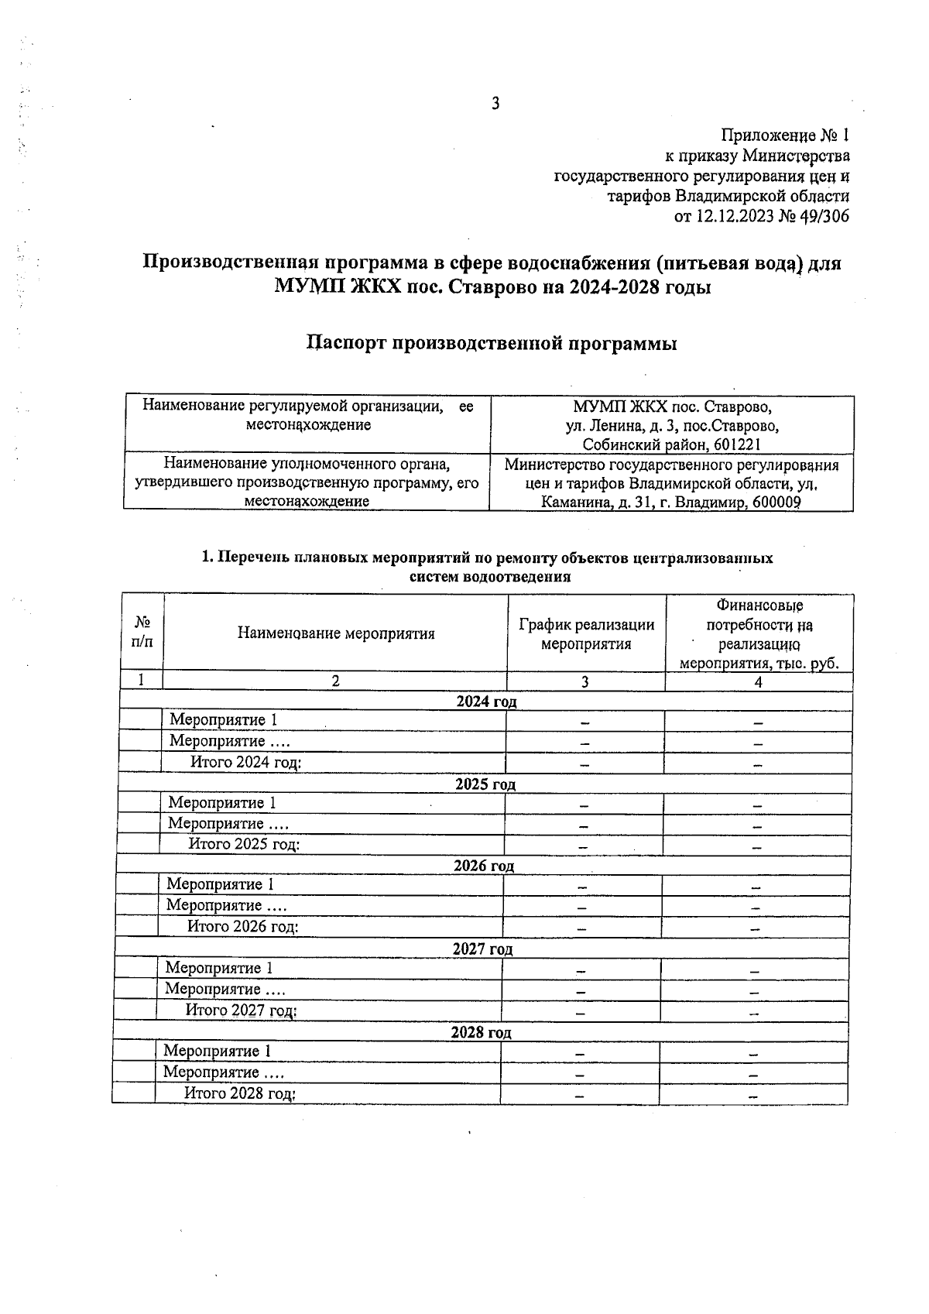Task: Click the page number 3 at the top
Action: (x=495, y=104)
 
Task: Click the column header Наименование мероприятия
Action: (x=336, y=634)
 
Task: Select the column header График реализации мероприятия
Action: (x=586, y=634)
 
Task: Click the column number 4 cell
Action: (x=759, y=681)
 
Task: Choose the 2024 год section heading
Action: (x=486, y=702)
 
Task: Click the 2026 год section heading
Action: (x=484, y=866)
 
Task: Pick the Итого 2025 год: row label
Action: (x=245, y=844)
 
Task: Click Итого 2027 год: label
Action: (x=242, y=1010)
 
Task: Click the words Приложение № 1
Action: (x=785, y=136)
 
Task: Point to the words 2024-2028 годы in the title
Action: (x=639, y=287)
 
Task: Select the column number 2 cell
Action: (x=335, y=681)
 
